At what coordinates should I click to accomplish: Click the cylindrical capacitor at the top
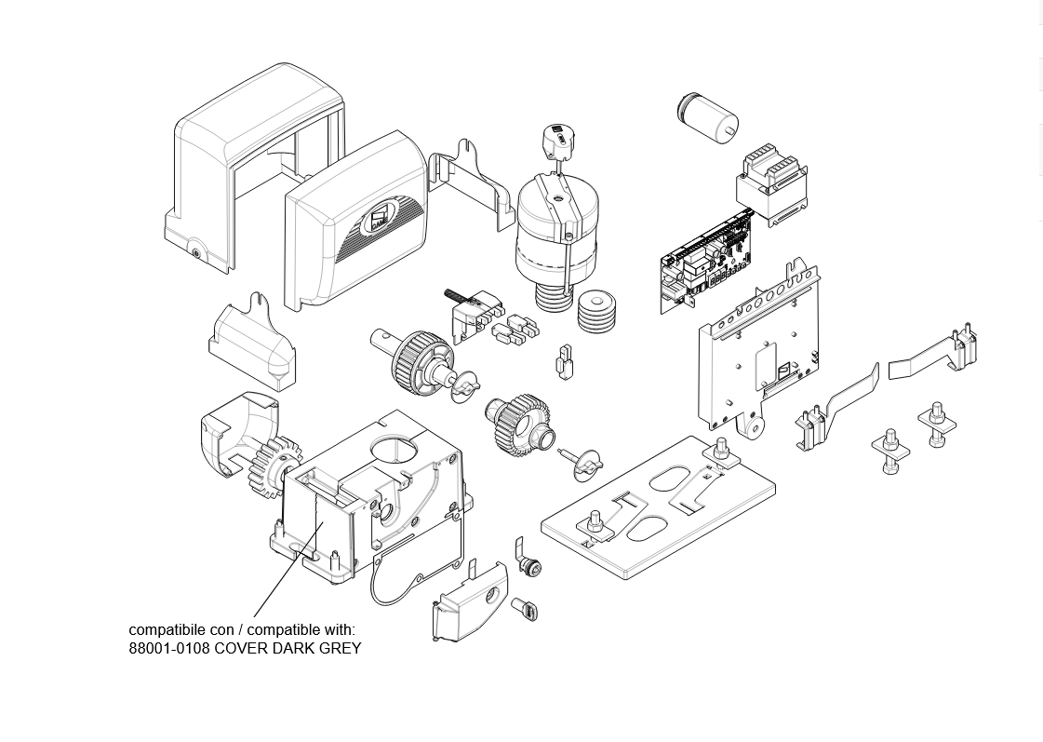pos(708,116)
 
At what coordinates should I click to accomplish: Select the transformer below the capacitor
pos(772,185)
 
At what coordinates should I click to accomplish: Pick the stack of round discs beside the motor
pos(595,311)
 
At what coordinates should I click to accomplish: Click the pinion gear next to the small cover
pos(271,466)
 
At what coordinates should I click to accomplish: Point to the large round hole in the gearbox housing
pos(394,449)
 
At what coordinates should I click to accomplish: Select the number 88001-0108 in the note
pos(169,648)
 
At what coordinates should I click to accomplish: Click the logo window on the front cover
pos(380,219)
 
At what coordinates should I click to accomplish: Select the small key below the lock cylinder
pos(525,610)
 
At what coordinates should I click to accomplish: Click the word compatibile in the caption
pos(167,630)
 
